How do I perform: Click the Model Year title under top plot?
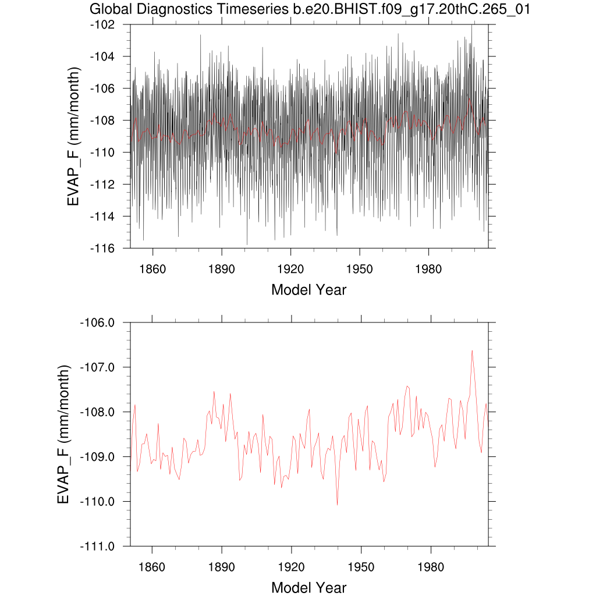tap(308, 289)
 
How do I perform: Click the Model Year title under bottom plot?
tap(308, 587)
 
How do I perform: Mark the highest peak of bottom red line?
tap(472, 350)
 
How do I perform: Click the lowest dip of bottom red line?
tap(337, 504)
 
